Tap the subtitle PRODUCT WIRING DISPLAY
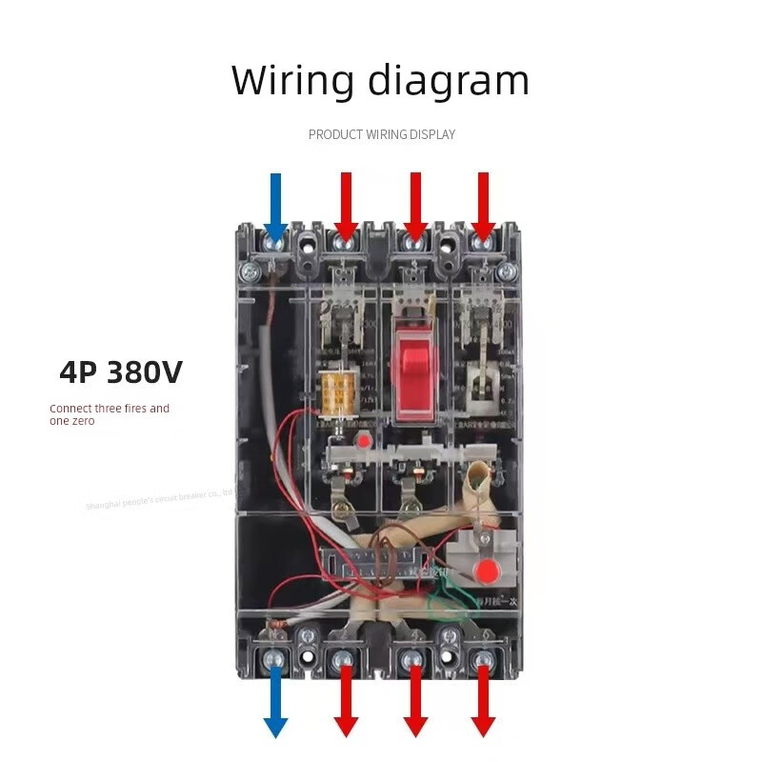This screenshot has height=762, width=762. tap(381, 134)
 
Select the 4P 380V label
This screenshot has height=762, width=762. tap(120, 372)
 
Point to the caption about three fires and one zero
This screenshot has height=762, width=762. tap(110, 414)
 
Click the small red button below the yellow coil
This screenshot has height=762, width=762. tap(364, 441)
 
